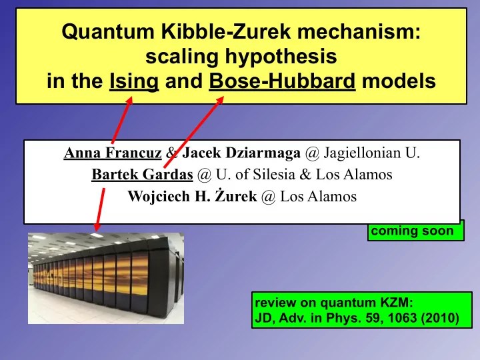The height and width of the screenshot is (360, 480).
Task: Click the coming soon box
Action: click(415, 231)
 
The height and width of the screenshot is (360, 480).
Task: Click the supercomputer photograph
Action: click(105, 278)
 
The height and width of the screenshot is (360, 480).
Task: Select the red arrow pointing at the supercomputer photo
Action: click(100, 209)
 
